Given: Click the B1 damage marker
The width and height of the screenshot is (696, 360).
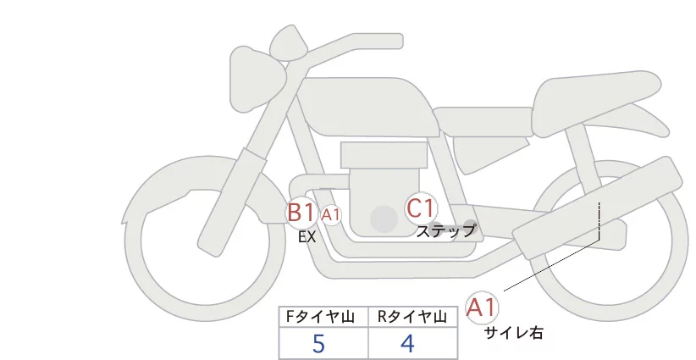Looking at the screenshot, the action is [301, 212].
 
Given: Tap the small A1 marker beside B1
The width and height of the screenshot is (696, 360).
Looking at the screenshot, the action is [331, 215].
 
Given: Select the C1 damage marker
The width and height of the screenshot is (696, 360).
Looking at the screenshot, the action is [421, 208].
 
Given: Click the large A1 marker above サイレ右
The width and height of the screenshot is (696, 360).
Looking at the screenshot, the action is [482, 307].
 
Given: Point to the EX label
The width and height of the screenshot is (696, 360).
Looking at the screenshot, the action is [307, 237].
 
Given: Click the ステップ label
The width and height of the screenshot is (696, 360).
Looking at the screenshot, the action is [445, 231].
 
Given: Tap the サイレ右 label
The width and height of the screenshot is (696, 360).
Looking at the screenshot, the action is [513, 333].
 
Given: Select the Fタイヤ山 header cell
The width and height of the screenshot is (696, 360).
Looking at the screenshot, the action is [323, 317].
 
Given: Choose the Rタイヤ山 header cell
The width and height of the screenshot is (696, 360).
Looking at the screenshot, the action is [413, 317].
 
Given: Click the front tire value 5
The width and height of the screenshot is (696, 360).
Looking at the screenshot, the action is [318, 343].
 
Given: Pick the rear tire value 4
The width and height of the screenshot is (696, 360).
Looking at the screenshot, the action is [407, 343].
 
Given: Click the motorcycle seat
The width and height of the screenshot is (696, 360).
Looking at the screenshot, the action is [594, 104].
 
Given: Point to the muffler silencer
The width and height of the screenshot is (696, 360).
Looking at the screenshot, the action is [597, 208].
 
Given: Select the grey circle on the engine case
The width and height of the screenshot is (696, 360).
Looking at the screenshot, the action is [384, 219].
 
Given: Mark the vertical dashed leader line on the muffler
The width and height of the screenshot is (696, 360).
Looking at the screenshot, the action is [599, 221].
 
